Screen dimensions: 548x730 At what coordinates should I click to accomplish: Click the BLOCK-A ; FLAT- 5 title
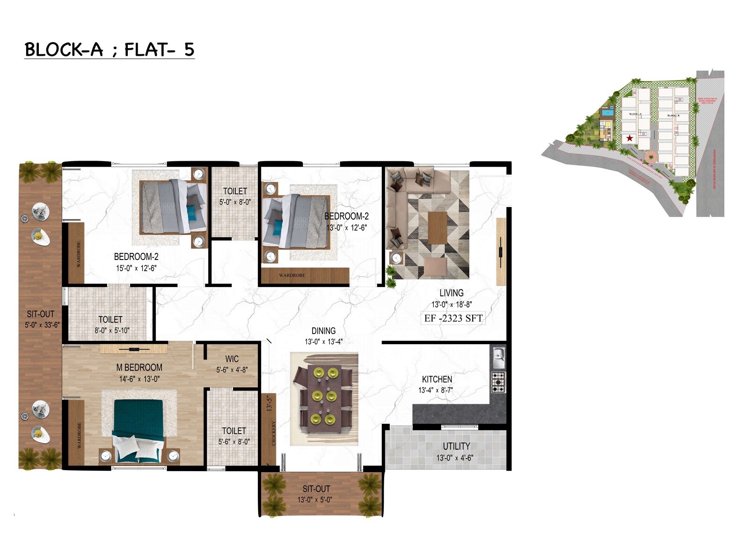pos(109,49)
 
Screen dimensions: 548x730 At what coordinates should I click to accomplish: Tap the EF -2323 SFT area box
pos(453,318)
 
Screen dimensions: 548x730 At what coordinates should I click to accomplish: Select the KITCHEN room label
pos(437,379)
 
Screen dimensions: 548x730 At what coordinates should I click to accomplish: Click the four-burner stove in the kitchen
pos(498,382)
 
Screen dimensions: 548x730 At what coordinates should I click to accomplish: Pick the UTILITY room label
pos(456,446)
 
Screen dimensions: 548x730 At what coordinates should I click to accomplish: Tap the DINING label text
pos(323,331)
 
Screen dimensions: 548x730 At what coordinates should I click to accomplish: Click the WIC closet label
pos(232,359)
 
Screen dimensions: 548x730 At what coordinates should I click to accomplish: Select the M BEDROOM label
pos(139,368)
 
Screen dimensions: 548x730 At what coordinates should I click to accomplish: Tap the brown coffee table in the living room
pos(438,227)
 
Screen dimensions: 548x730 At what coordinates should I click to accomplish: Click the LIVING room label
pos(451,293)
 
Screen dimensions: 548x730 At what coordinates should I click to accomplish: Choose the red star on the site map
pos(629,138)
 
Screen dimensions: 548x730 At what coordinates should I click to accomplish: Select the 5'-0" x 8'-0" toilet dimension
pos(235,202)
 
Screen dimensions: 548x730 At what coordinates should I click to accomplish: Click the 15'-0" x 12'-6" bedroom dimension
pos(136,268)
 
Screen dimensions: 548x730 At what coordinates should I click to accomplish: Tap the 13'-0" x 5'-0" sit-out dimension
pos(315,500)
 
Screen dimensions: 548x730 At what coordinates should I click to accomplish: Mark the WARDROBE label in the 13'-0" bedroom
pos(292,275)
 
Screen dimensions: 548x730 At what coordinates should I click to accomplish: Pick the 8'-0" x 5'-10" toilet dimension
pos(110,330)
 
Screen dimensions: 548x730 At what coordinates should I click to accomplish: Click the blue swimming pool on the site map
pos(607,113)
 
